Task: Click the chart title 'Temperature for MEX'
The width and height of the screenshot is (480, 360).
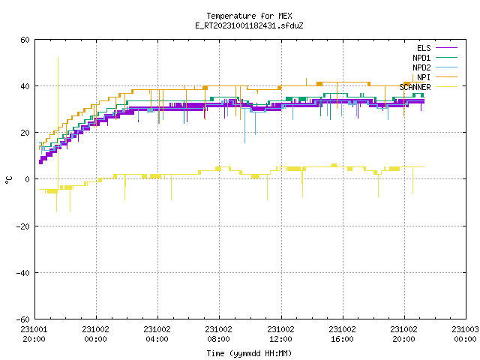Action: point(249,16)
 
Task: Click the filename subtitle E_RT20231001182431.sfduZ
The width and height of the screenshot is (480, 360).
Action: point(249,25)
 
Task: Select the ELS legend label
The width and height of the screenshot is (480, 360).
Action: point(424,48)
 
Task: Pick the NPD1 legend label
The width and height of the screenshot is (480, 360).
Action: point(421,58)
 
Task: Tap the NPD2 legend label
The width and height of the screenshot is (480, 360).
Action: point(421,67)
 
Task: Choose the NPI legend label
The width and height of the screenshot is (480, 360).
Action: point(424,77)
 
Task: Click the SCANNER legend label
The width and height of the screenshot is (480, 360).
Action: point(415,87)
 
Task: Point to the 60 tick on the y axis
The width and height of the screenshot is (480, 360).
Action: point(25,40)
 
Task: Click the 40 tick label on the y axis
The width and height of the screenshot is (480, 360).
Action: point(25,86)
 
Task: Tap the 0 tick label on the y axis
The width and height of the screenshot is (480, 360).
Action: point(27,179)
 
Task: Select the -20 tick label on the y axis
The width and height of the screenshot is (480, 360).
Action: point(23,226)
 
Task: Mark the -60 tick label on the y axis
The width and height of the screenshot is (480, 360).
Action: point(23,319)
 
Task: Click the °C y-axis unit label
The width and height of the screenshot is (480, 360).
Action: point(8,180)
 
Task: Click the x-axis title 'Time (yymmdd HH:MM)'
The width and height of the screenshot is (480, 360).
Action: point(249,353)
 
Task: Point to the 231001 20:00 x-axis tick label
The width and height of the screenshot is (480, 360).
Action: point(34,334)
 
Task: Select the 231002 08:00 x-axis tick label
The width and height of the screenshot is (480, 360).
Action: point(218,334)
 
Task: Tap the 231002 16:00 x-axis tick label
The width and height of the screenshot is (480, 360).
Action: point(342,334)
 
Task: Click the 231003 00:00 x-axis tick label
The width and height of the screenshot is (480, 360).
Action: point(465,334)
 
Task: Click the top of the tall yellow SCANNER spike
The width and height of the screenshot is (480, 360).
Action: point(58,58)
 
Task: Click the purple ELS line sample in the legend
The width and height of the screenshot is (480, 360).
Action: point(446,48)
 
